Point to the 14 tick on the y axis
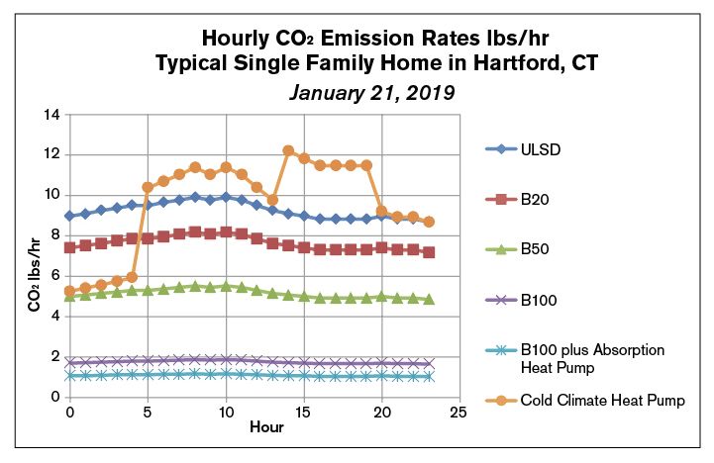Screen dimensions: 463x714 (51, 115)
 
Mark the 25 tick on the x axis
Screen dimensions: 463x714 (459, 410)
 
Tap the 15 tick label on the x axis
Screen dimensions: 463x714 (304, 410)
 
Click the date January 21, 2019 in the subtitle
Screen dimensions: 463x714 (371, 94)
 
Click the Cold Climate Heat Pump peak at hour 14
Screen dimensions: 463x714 (288, 150)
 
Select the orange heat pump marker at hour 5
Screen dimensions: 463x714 (148, 187)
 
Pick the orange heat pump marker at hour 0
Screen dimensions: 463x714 (69, 291)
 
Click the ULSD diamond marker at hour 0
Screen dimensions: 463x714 (69, 216)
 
